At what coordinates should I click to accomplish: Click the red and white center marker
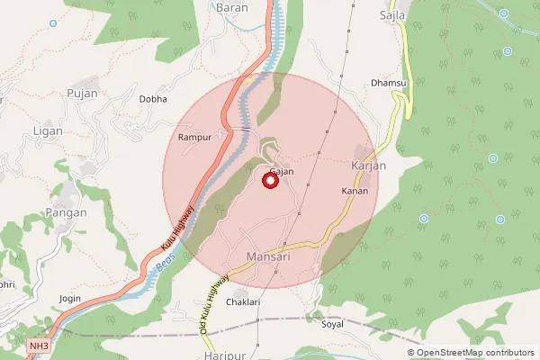tap(270, 181)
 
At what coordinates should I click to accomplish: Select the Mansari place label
tap(268, 257)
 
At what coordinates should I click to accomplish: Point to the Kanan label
tap(355, 191)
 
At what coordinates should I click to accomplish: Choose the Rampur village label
tap(193, 138)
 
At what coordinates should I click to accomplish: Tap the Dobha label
tap(152, 99)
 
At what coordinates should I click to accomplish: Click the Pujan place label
tap(81, 93)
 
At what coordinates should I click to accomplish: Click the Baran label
tap(232, 7)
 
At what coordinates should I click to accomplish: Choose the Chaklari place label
tap(243, 302)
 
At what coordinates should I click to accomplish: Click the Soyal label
tap(332, 324)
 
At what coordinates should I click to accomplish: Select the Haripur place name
tap(225, 355)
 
